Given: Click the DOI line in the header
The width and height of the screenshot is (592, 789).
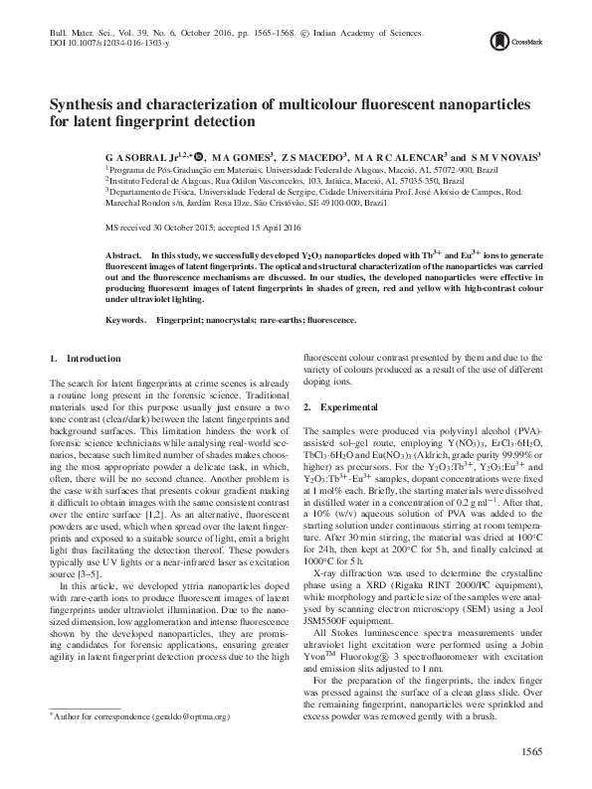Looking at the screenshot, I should point(109,45).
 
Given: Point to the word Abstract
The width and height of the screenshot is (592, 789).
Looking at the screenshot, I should point(124,255).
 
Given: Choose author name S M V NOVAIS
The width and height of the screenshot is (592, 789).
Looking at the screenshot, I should point(504,157).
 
